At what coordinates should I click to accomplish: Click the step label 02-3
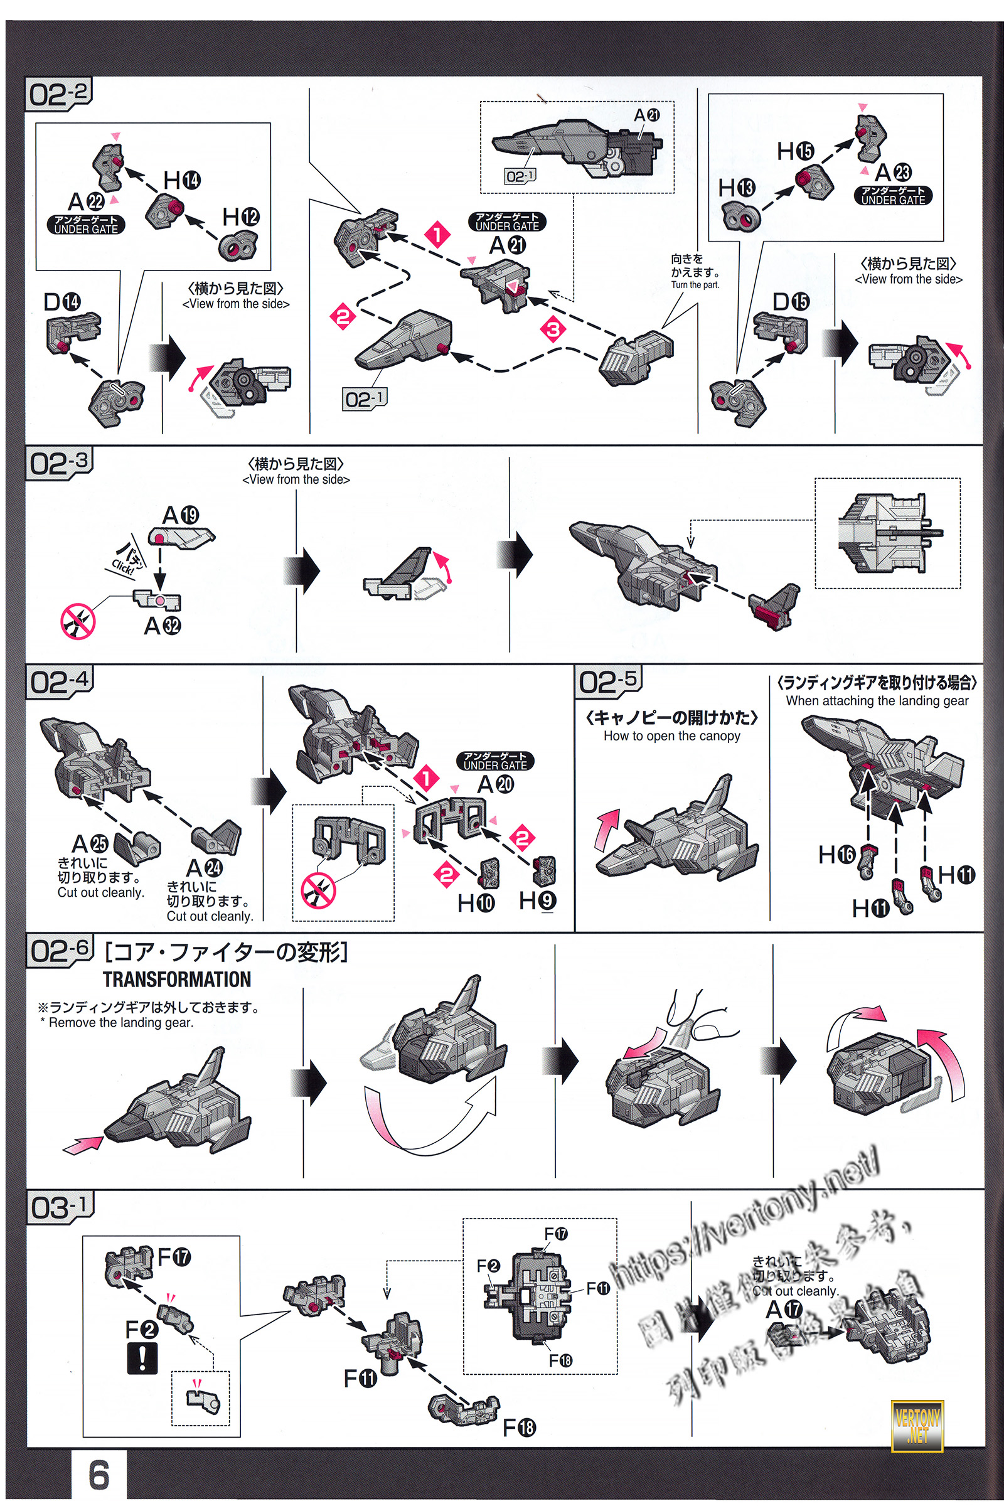coord(60,463)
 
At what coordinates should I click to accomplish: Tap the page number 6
coord(99,1475)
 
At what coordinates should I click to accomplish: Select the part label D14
coord(62,302)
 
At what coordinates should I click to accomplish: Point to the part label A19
coord(181,515)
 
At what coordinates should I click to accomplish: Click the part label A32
coord(162,626)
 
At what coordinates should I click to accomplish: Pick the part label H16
coord(836,853)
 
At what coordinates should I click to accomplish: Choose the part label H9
coord(537,900)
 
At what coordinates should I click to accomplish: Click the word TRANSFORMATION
coord(177,979)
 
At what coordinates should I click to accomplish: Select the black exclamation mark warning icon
coord(142,1358)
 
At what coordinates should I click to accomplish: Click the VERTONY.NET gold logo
coord(917,1426)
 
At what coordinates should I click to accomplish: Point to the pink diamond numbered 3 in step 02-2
coord(553,330)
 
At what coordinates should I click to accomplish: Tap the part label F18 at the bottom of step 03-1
coord(519,1427)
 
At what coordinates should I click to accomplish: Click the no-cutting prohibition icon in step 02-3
coord(77,621)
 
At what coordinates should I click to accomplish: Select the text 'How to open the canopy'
coord(671,735)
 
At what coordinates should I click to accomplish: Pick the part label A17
coord(784,1310)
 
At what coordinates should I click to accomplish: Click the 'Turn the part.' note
coord(695,285)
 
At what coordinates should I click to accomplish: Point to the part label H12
coord(240,217)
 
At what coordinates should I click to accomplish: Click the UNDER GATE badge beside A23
coord(892,195)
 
